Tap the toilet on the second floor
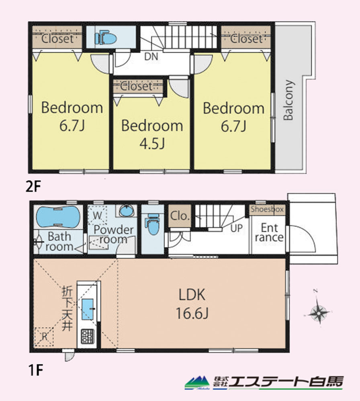pos(106,38)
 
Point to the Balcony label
pos(288,100)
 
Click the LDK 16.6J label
pos(192,303)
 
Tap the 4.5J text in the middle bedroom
pos(152,144)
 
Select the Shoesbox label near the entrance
pos(267,209)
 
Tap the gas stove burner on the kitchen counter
pos(88,336)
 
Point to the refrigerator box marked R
pos(44,336)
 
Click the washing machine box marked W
pos(97,215)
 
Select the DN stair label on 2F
pos(151,57)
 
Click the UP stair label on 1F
pos(236,228)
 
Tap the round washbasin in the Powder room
pos(126,211)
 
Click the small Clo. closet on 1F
pos(180,216)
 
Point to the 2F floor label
pos(33,187)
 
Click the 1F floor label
pos(35,370)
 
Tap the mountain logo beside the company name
pos(197,382)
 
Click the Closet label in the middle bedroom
pos(137,86)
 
